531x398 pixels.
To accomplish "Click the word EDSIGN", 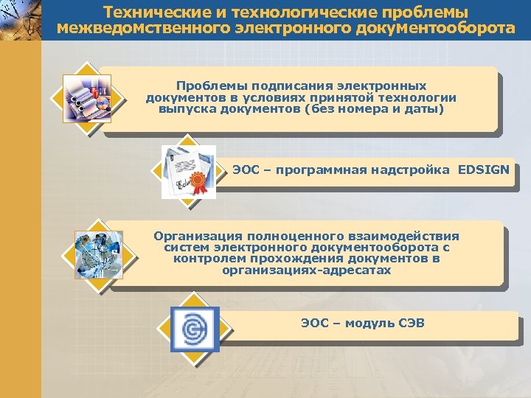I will (483, 170).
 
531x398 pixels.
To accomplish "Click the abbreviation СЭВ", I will (409, 324).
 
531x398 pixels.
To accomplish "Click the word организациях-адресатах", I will (306, 270).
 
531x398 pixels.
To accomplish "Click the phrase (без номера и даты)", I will (382, 109).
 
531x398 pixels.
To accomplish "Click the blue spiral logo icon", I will (195, 329).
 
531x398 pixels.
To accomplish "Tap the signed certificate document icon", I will (188, 172).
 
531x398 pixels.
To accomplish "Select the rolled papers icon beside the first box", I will (87, 98).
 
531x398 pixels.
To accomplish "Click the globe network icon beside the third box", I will (98, 255).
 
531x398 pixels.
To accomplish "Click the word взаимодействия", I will (403, 236).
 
